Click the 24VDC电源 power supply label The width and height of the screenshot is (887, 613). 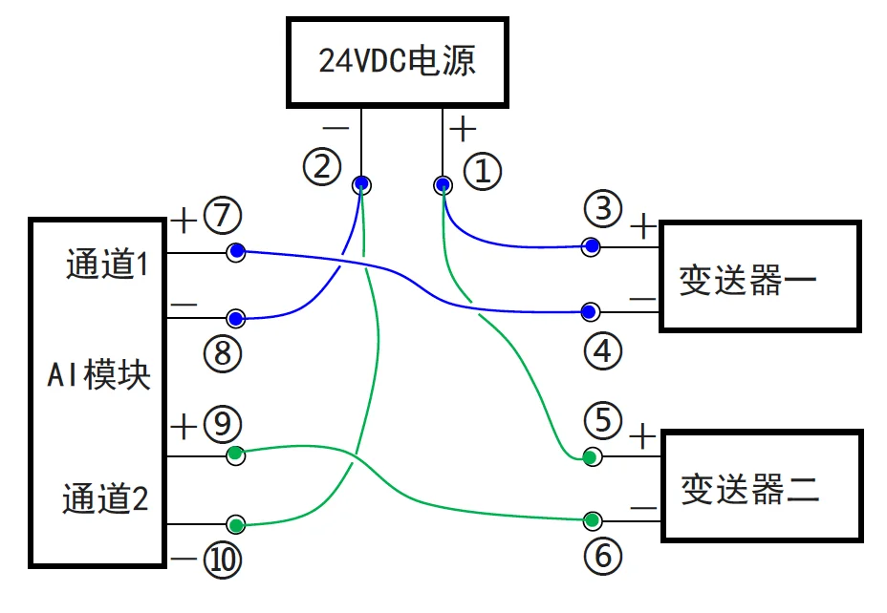[x=397, y=62]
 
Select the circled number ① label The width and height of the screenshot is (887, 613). [x=482, y=172]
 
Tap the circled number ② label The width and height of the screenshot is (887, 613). [x=322, y=168]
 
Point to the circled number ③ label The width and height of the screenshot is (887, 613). [x=603, y=207]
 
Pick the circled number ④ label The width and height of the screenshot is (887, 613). [x=602, y=351]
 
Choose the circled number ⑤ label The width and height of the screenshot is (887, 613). [x=603, y=419]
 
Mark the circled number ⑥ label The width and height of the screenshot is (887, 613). [x=603, y=556]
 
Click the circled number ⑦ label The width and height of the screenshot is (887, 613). [x=222, y=217]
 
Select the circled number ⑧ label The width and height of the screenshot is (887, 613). [x=222, y=354]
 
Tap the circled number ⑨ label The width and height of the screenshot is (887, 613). [x=222, y=423]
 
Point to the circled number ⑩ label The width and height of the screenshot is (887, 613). [x=222, y=560]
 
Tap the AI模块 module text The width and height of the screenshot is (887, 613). [x=99, y=375]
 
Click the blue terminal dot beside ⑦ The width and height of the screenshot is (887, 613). [x=236, y=252]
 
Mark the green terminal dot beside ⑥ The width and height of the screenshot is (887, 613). [x=593, y=520]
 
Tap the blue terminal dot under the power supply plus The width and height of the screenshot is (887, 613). [x=443, y=183]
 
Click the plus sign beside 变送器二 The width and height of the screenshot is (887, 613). [x=644, y=437]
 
